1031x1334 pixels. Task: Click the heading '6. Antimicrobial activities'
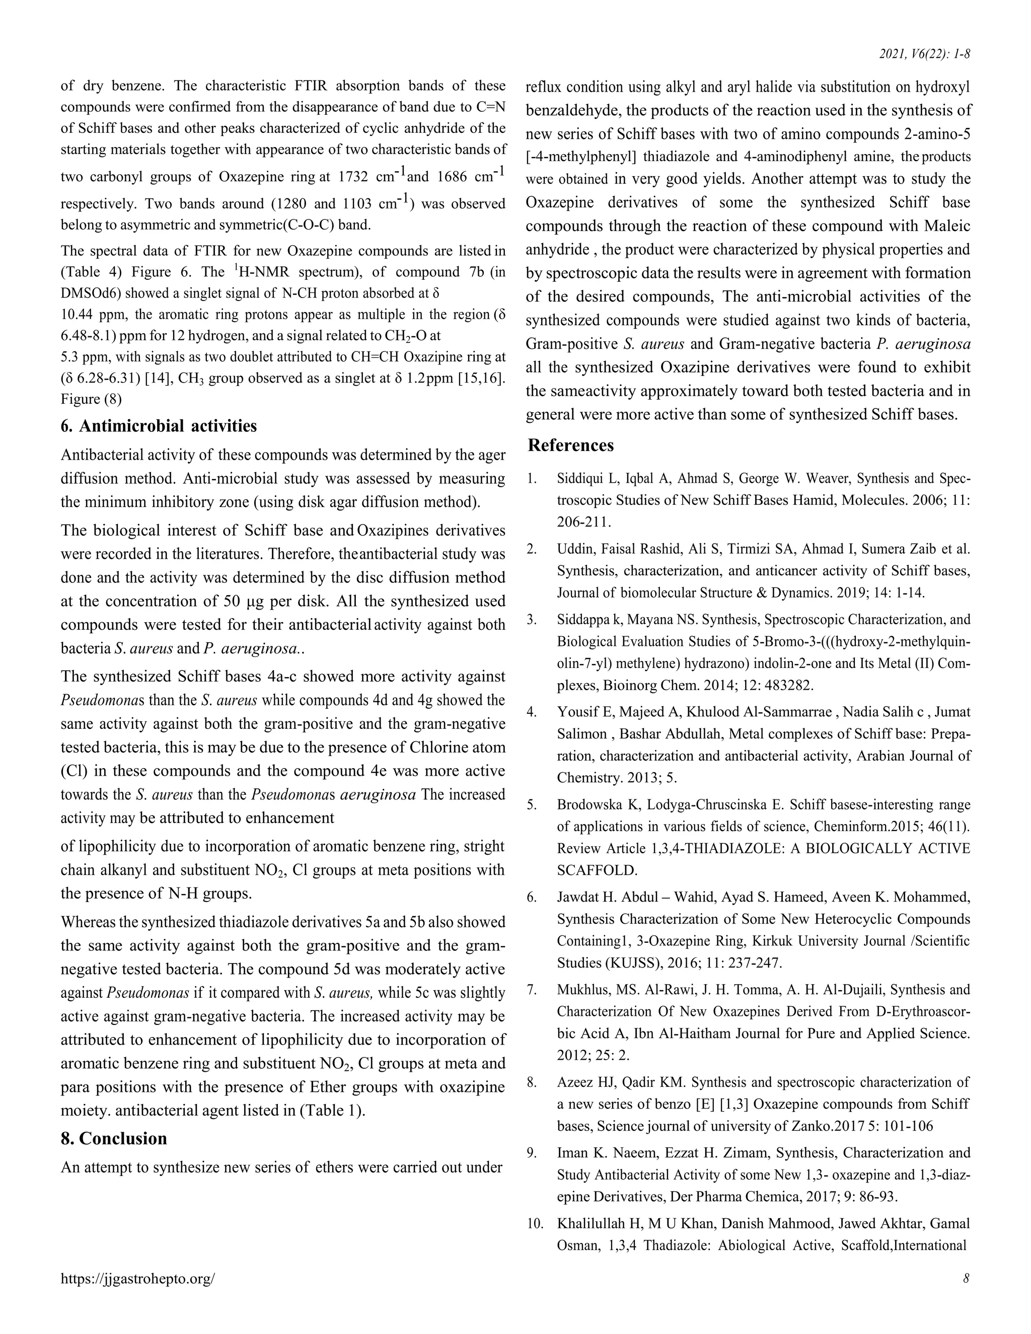click(159, 426)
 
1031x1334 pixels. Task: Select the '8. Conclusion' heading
click(114, 1138)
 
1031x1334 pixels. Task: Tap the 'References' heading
click(570, 446)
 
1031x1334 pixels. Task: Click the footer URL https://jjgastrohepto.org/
click(137, 1279)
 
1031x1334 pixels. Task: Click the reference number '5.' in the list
click(532, 804)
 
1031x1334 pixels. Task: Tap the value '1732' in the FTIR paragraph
click(353, 177)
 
